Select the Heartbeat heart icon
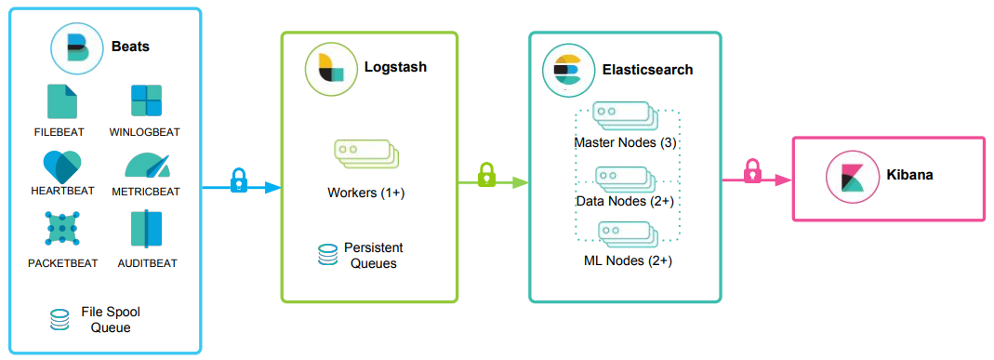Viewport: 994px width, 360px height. pyautogui.click(x=63, y=166)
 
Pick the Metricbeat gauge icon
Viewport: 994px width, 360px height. pyautogui.click(x=148, y=167)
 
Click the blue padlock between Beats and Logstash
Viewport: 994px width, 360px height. pyautogui.click(x=239, y=179)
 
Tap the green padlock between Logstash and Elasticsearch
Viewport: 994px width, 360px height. pyautogui.click(x=486, y=174)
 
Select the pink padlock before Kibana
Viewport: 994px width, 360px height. pyautogui.click(x=753, y=170)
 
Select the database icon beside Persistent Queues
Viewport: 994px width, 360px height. pyautogui.click(x=327, y=256)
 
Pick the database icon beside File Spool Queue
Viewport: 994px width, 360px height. pyautogui.click(x=60, y=320)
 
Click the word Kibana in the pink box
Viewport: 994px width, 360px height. pyautogui.click(x=909, y=174)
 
